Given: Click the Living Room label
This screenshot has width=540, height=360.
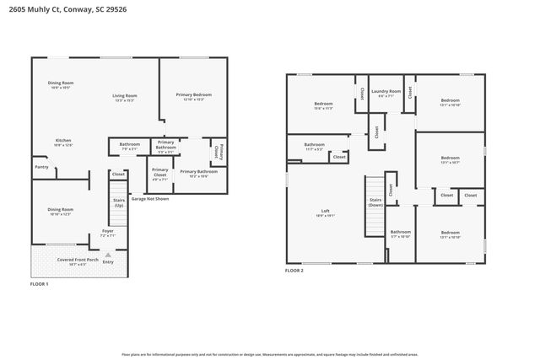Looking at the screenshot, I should pos(125,95).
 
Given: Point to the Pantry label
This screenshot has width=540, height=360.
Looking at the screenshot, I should pos(41,167).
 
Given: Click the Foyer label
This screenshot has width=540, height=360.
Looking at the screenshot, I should pos(107,230).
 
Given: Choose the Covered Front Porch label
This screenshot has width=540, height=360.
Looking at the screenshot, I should pos(78,260).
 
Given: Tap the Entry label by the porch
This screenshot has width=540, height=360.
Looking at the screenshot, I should pos(108,262).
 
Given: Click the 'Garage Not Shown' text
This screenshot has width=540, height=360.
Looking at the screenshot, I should pos(150,199).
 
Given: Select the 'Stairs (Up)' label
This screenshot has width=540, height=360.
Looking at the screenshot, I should pos(119,203).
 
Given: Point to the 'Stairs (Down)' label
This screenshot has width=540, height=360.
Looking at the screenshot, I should pos(375,202).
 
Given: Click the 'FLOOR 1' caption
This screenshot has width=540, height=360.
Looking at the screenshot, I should pos(40,284).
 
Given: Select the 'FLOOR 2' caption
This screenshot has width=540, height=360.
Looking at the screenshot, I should pos(294,271).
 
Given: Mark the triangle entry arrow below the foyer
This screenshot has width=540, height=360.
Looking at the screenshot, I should pos(108,254).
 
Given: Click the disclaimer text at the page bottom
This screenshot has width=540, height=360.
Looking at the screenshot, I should pos(270,355).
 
